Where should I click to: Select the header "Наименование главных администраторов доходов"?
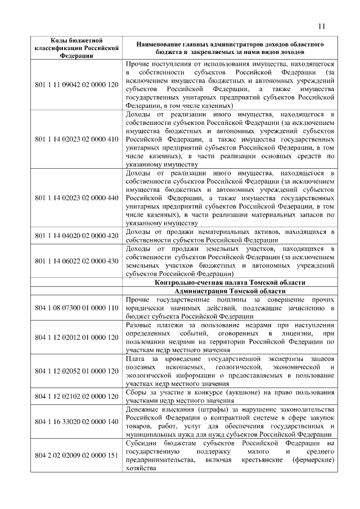tap(228, 47)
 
